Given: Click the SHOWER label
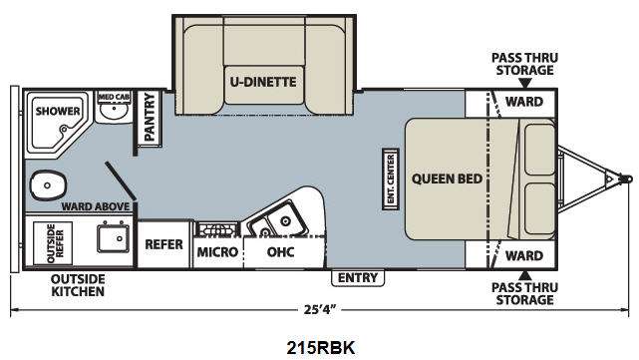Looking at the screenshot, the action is pos(58,111).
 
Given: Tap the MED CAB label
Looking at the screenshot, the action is pos(114,97).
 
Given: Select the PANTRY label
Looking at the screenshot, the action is pos(150,117).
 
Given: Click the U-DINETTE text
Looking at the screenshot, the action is pos(263,82).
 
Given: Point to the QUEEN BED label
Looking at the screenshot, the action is pos(447,179).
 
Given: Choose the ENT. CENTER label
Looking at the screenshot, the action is pos(391,179).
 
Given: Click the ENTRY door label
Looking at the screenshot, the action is pos(358,277).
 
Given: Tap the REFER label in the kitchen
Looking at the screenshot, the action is pos(163,244).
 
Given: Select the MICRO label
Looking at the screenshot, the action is pos(217,252).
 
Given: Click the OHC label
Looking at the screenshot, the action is pos(280,252).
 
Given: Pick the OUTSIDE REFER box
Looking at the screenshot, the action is pos(53,243).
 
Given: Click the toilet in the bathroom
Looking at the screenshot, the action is pos(48,185).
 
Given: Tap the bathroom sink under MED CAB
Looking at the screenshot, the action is pos(115,111).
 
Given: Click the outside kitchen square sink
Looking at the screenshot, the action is pos(113,238).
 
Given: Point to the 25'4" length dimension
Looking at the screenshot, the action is pos(319,310).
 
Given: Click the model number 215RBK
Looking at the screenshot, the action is pos(321,348).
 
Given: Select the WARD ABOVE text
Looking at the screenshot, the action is pos(96,206).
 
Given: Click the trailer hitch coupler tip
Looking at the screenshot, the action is pos(628,179).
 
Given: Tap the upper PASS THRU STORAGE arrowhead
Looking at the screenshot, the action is pos(525,83).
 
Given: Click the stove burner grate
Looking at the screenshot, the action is pos(216,229).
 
